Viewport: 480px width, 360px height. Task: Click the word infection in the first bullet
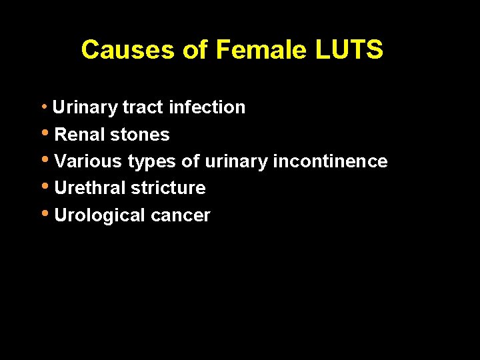click(207, 107)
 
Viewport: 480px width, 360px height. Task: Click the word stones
click(139, 135)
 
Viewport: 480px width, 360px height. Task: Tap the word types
click(152, 162)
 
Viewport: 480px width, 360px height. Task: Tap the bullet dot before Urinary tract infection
click(44, 107)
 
